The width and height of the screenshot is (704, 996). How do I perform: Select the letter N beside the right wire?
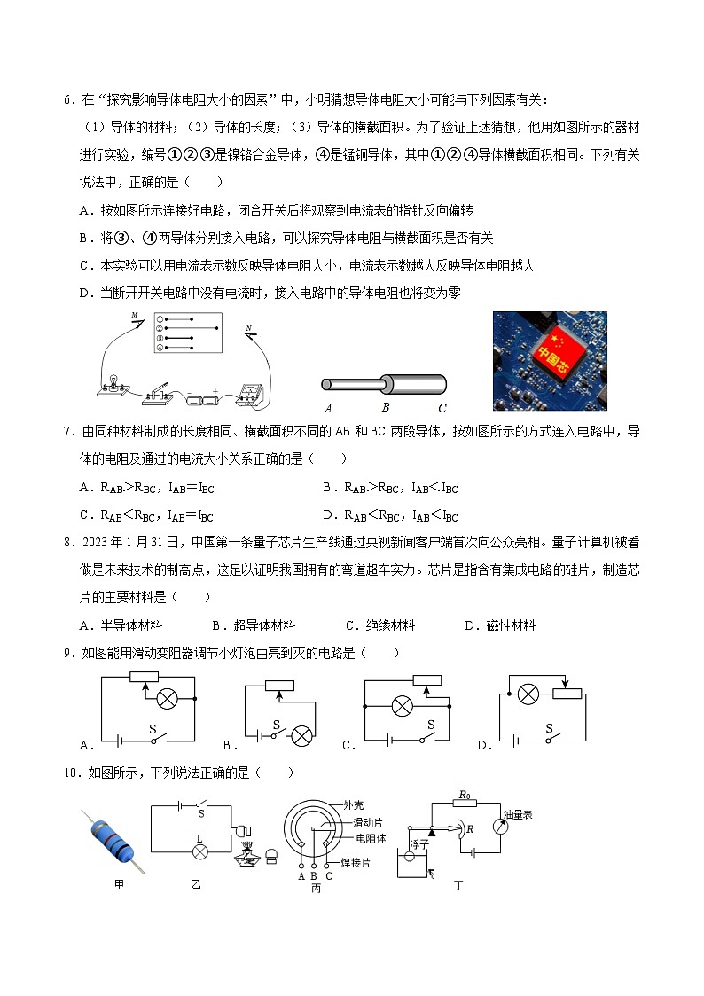(249, 328)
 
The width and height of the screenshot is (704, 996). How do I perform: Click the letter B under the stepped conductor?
(385, 408)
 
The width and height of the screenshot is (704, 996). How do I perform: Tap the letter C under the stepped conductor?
(442, 408)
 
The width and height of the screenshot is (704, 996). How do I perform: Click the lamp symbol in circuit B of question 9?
(301, 734)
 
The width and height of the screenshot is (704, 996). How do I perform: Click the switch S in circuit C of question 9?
(426, 729)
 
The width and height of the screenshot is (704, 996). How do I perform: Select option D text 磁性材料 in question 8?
(511, 625)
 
